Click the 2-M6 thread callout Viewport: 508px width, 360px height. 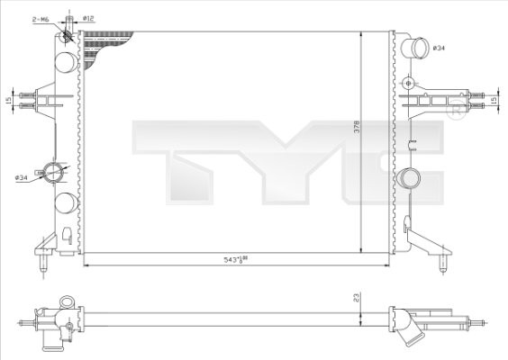(41, 18)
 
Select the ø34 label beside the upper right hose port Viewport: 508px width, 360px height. (439, 47)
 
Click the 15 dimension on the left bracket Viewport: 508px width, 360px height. (9, 100)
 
